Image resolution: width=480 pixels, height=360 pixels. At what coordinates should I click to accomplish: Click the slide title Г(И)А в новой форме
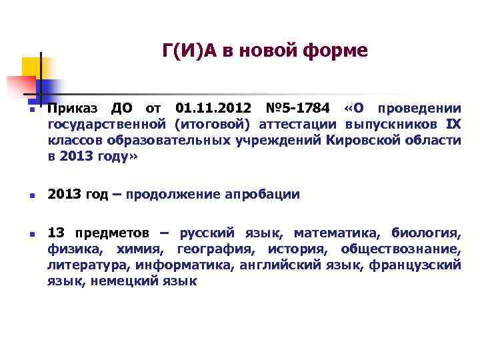265,51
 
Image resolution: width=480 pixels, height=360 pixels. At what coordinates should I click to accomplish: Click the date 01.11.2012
213,109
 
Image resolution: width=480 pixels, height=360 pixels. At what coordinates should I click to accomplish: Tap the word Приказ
73,109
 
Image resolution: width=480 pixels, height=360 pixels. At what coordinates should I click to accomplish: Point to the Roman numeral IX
453,125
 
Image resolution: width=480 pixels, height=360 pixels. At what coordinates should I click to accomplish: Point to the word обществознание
400,249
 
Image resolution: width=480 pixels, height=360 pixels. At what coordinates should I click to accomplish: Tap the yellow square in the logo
31,67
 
